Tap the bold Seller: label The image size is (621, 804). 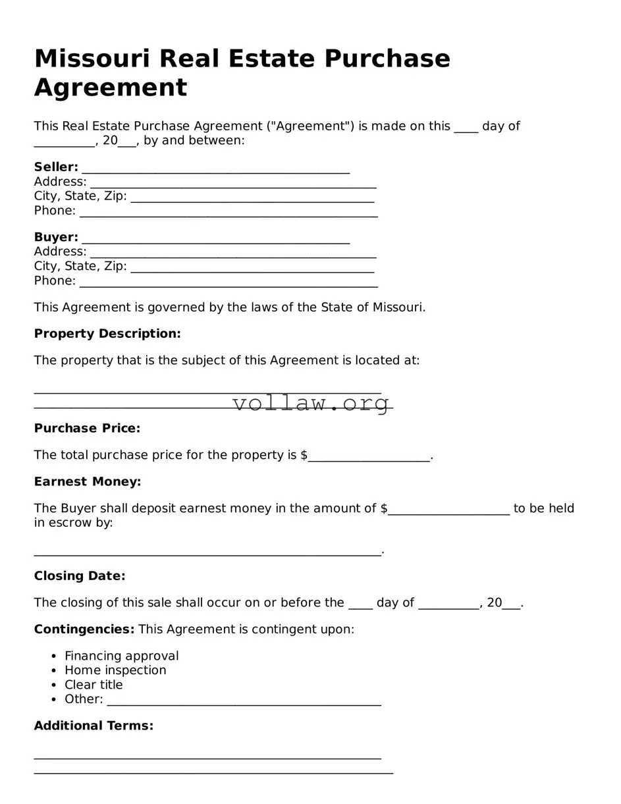56,167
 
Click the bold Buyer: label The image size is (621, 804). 56,237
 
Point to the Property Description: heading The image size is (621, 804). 107,334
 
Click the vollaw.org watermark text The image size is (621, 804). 311,402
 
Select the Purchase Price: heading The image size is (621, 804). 87,429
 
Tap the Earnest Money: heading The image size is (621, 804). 88,482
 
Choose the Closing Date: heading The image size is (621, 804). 80,576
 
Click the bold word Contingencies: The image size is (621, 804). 84,630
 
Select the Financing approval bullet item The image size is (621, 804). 121,656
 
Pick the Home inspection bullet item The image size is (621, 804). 115,670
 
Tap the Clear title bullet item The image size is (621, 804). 94,685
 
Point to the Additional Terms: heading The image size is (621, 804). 94,726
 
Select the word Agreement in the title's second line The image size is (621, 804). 111,88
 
